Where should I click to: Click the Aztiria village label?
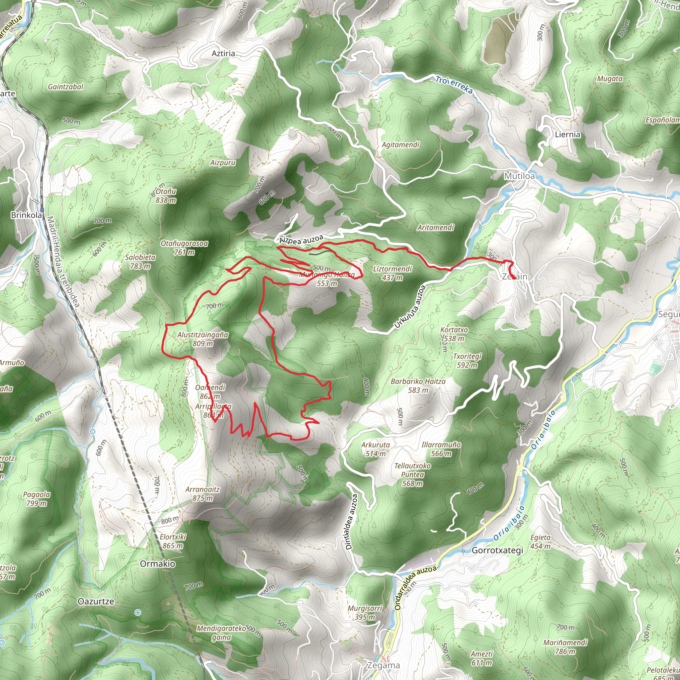click(223, 53)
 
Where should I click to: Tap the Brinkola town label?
click(27, 215)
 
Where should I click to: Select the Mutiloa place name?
click(519, 176)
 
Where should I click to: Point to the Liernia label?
click(567, 134)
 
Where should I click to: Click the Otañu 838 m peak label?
click(166, 196)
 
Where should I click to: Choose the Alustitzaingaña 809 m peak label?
click(203, 339)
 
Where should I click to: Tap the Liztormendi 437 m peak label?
click(392, 274)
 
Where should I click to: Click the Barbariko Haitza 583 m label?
click(418, 386)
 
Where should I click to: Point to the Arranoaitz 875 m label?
click(203, 494)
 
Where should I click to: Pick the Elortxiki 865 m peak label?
click(172, 541)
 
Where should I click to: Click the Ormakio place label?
click(157, 564)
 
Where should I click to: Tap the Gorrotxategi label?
click(497, 551)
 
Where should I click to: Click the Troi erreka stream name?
click(454, 85)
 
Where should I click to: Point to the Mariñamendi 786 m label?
click(565, 647)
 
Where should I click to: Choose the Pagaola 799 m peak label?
click(36, 499)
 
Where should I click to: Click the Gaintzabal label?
click(65, 87)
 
